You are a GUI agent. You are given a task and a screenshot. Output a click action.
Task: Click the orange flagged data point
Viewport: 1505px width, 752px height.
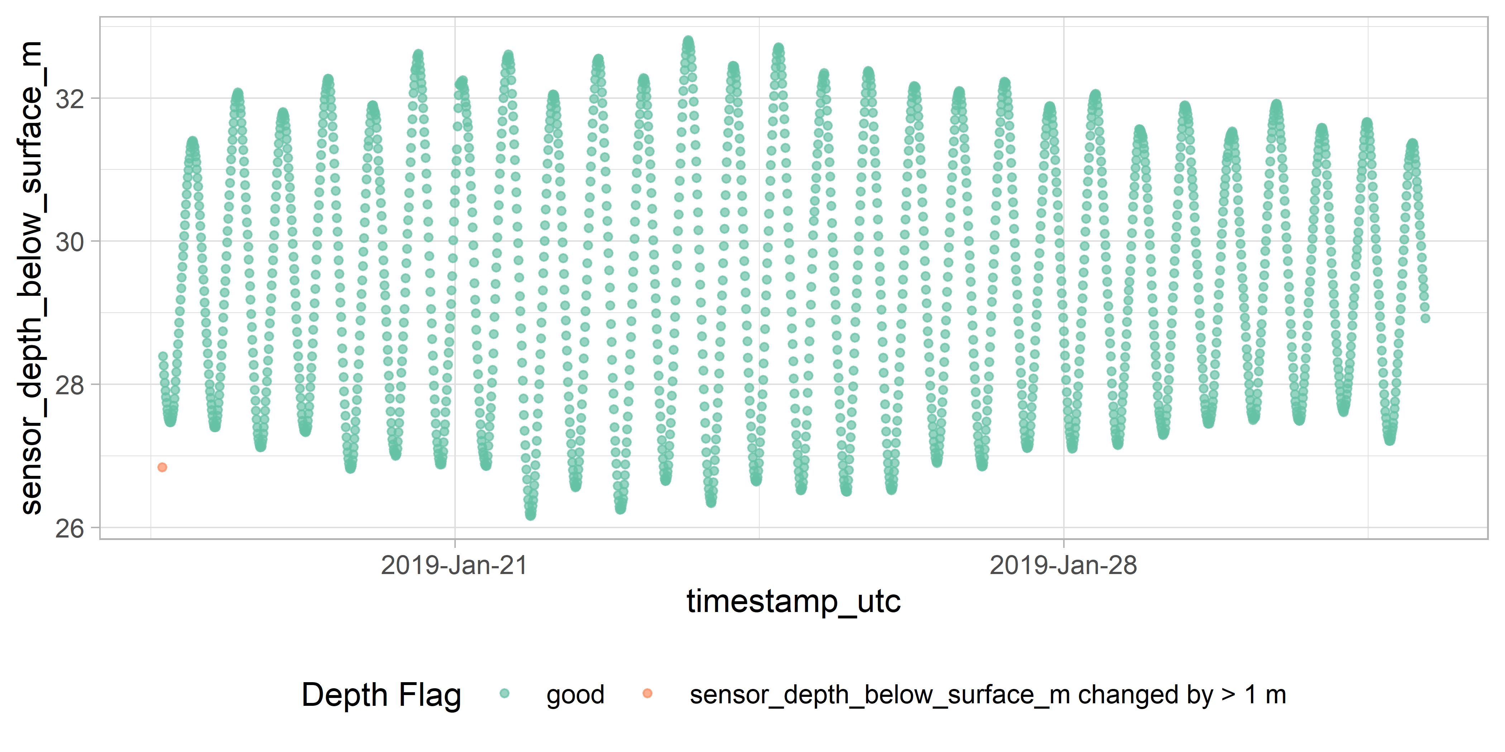click(x=162, y=467)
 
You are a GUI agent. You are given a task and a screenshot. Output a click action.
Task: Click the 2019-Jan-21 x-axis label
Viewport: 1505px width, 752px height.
click(x=454, y=565)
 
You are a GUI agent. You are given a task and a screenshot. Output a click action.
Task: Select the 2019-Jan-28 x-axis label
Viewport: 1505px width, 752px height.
click(x=1063, y=565)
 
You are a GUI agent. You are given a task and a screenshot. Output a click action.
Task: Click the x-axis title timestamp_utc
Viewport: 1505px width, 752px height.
click(x=793, y=601)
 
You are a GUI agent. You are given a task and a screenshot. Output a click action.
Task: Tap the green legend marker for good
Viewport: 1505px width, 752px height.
click(x=505, y=694)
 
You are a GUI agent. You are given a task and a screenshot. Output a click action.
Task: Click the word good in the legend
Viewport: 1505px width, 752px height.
click(x=575, y=695)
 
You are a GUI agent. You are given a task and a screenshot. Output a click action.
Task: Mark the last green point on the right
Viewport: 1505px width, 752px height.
click(x=1425, y=318)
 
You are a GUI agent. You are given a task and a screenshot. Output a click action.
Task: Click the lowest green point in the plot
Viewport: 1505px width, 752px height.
click(x=530, y=516)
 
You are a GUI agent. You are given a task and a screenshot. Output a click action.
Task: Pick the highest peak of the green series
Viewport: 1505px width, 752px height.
click(x=688, y=41)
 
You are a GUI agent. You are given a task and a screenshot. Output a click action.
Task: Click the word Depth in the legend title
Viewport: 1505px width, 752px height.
click(x=345, y=695)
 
